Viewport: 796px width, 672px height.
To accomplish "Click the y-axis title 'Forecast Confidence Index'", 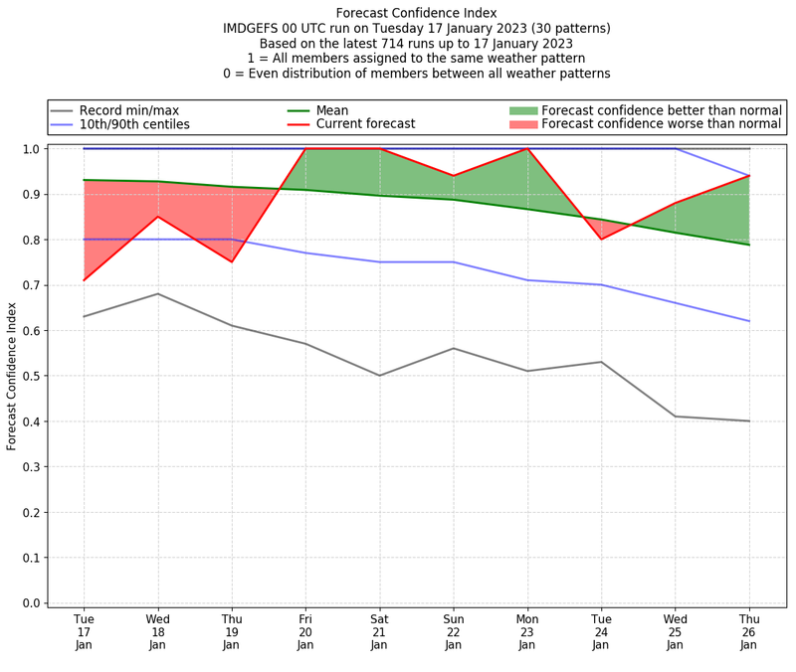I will (x=12, y=376).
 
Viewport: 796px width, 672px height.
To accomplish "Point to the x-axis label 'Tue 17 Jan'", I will (x=84, y=631).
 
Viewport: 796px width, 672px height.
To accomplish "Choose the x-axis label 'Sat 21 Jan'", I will (x=379, y=631).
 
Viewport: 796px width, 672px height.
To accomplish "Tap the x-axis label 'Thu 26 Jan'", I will (x=749, y=631).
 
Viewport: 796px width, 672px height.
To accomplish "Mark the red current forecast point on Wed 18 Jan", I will (x=158, y=217).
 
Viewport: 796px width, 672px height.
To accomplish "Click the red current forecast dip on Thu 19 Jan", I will (x=232, y=261).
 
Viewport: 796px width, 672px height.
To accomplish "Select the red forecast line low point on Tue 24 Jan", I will (x=601, y=239).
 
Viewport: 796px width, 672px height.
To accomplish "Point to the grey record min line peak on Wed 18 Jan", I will (x=158, y=293).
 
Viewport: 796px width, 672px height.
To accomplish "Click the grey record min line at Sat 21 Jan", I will (x=379, y=376).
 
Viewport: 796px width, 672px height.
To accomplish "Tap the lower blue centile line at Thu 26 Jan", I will (x=749, y=321).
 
